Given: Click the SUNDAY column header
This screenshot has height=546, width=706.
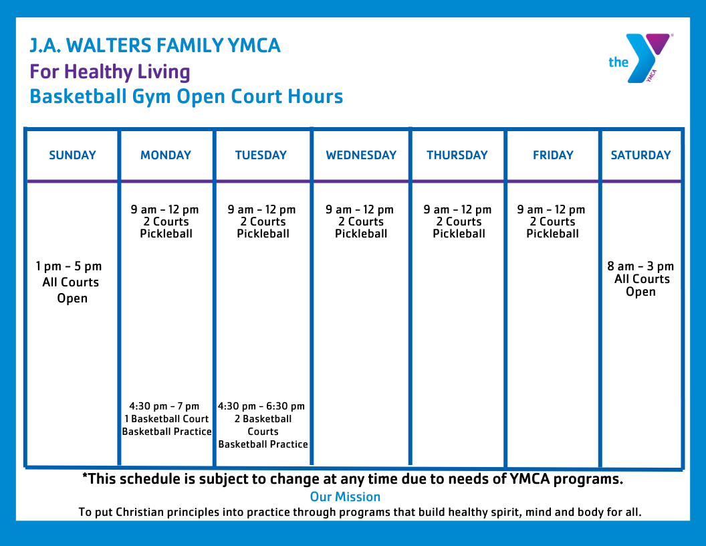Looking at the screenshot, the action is tap(72, 155).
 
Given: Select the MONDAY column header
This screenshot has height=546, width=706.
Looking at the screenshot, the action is tap(166, 155).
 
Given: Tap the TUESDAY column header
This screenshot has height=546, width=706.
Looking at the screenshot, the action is tap(261, 155).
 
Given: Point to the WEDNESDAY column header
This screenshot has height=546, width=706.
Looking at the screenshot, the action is tap(361, 155).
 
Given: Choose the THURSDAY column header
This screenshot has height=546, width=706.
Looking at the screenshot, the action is tap(457, 155).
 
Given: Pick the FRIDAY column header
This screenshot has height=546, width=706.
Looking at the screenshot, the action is tap(553, 155).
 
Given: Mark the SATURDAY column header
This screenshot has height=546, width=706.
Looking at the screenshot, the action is tap(640, 155).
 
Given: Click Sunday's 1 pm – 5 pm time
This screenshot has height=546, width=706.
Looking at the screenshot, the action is tap(69, 266).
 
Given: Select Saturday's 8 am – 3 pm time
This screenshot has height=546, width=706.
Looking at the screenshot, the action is tap(640, 266).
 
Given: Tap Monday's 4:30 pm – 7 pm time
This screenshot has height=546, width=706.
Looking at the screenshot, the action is tap(164, 406).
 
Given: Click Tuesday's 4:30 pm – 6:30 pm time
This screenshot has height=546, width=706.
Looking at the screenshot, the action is tap(261, 406).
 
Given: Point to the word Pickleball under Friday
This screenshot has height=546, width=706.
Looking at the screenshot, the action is tap(552, 234).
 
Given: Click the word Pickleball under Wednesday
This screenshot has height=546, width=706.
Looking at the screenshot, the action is tap(361, 234).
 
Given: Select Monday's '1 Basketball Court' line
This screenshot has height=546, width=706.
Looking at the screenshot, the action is tap(166, 419).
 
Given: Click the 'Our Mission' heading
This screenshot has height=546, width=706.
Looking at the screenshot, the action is tap(346, 496).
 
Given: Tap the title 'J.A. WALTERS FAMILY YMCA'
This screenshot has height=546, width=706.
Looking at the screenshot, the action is tap(155, 45).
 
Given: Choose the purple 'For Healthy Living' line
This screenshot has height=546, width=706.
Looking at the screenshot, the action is tap(110, 72).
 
